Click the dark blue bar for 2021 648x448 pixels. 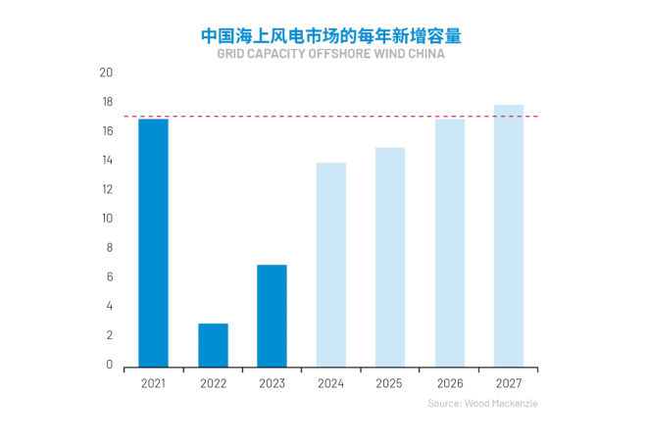153,242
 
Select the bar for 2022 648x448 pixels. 213,345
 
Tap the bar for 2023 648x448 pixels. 272,316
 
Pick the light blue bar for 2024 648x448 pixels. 330,265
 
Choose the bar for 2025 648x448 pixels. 390,257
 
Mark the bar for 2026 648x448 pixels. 449,242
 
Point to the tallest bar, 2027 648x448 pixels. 508,235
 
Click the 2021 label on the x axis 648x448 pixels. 153,383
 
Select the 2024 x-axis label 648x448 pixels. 330,383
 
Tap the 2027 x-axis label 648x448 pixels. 508,383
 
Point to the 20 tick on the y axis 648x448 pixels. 106,73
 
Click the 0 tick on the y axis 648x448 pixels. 109,365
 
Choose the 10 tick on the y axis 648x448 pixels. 106,219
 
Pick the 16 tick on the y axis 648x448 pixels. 106,131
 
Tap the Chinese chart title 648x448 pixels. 330,35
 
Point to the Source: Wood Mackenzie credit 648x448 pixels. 482,404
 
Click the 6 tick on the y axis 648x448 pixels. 109,276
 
